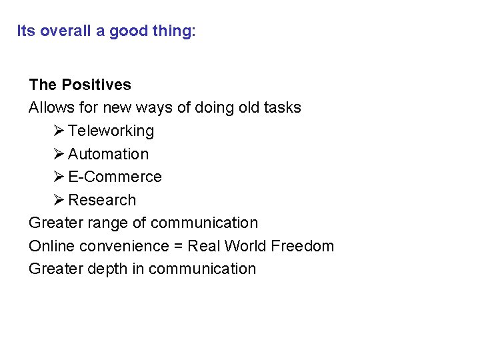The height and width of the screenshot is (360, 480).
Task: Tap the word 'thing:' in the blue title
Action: (175, 31)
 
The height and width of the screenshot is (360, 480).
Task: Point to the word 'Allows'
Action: (51, 108)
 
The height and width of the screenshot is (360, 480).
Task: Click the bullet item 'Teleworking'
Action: (111, 131)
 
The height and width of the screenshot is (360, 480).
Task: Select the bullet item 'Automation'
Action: (108, 154)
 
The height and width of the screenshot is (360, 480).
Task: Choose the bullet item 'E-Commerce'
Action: (115, 177)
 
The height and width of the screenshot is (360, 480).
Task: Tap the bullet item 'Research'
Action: (102, 200)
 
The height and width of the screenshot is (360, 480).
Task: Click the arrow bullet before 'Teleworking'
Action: (59, 131)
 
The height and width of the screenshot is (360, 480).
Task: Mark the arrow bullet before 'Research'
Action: (59, 200)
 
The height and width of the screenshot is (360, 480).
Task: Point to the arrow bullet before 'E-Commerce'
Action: (59, 177)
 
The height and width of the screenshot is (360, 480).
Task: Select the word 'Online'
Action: (51, 247)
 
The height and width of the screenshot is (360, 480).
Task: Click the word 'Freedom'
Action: (303, 247)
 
